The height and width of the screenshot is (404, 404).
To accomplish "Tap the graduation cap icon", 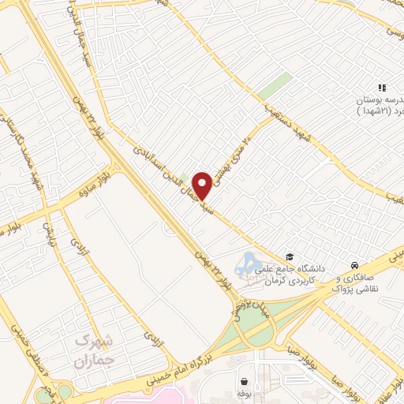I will tap(290, 257).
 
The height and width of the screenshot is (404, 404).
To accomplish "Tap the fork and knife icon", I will tap(381, 88).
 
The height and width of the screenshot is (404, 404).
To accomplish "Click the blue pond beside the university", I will tap(249, 260).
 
